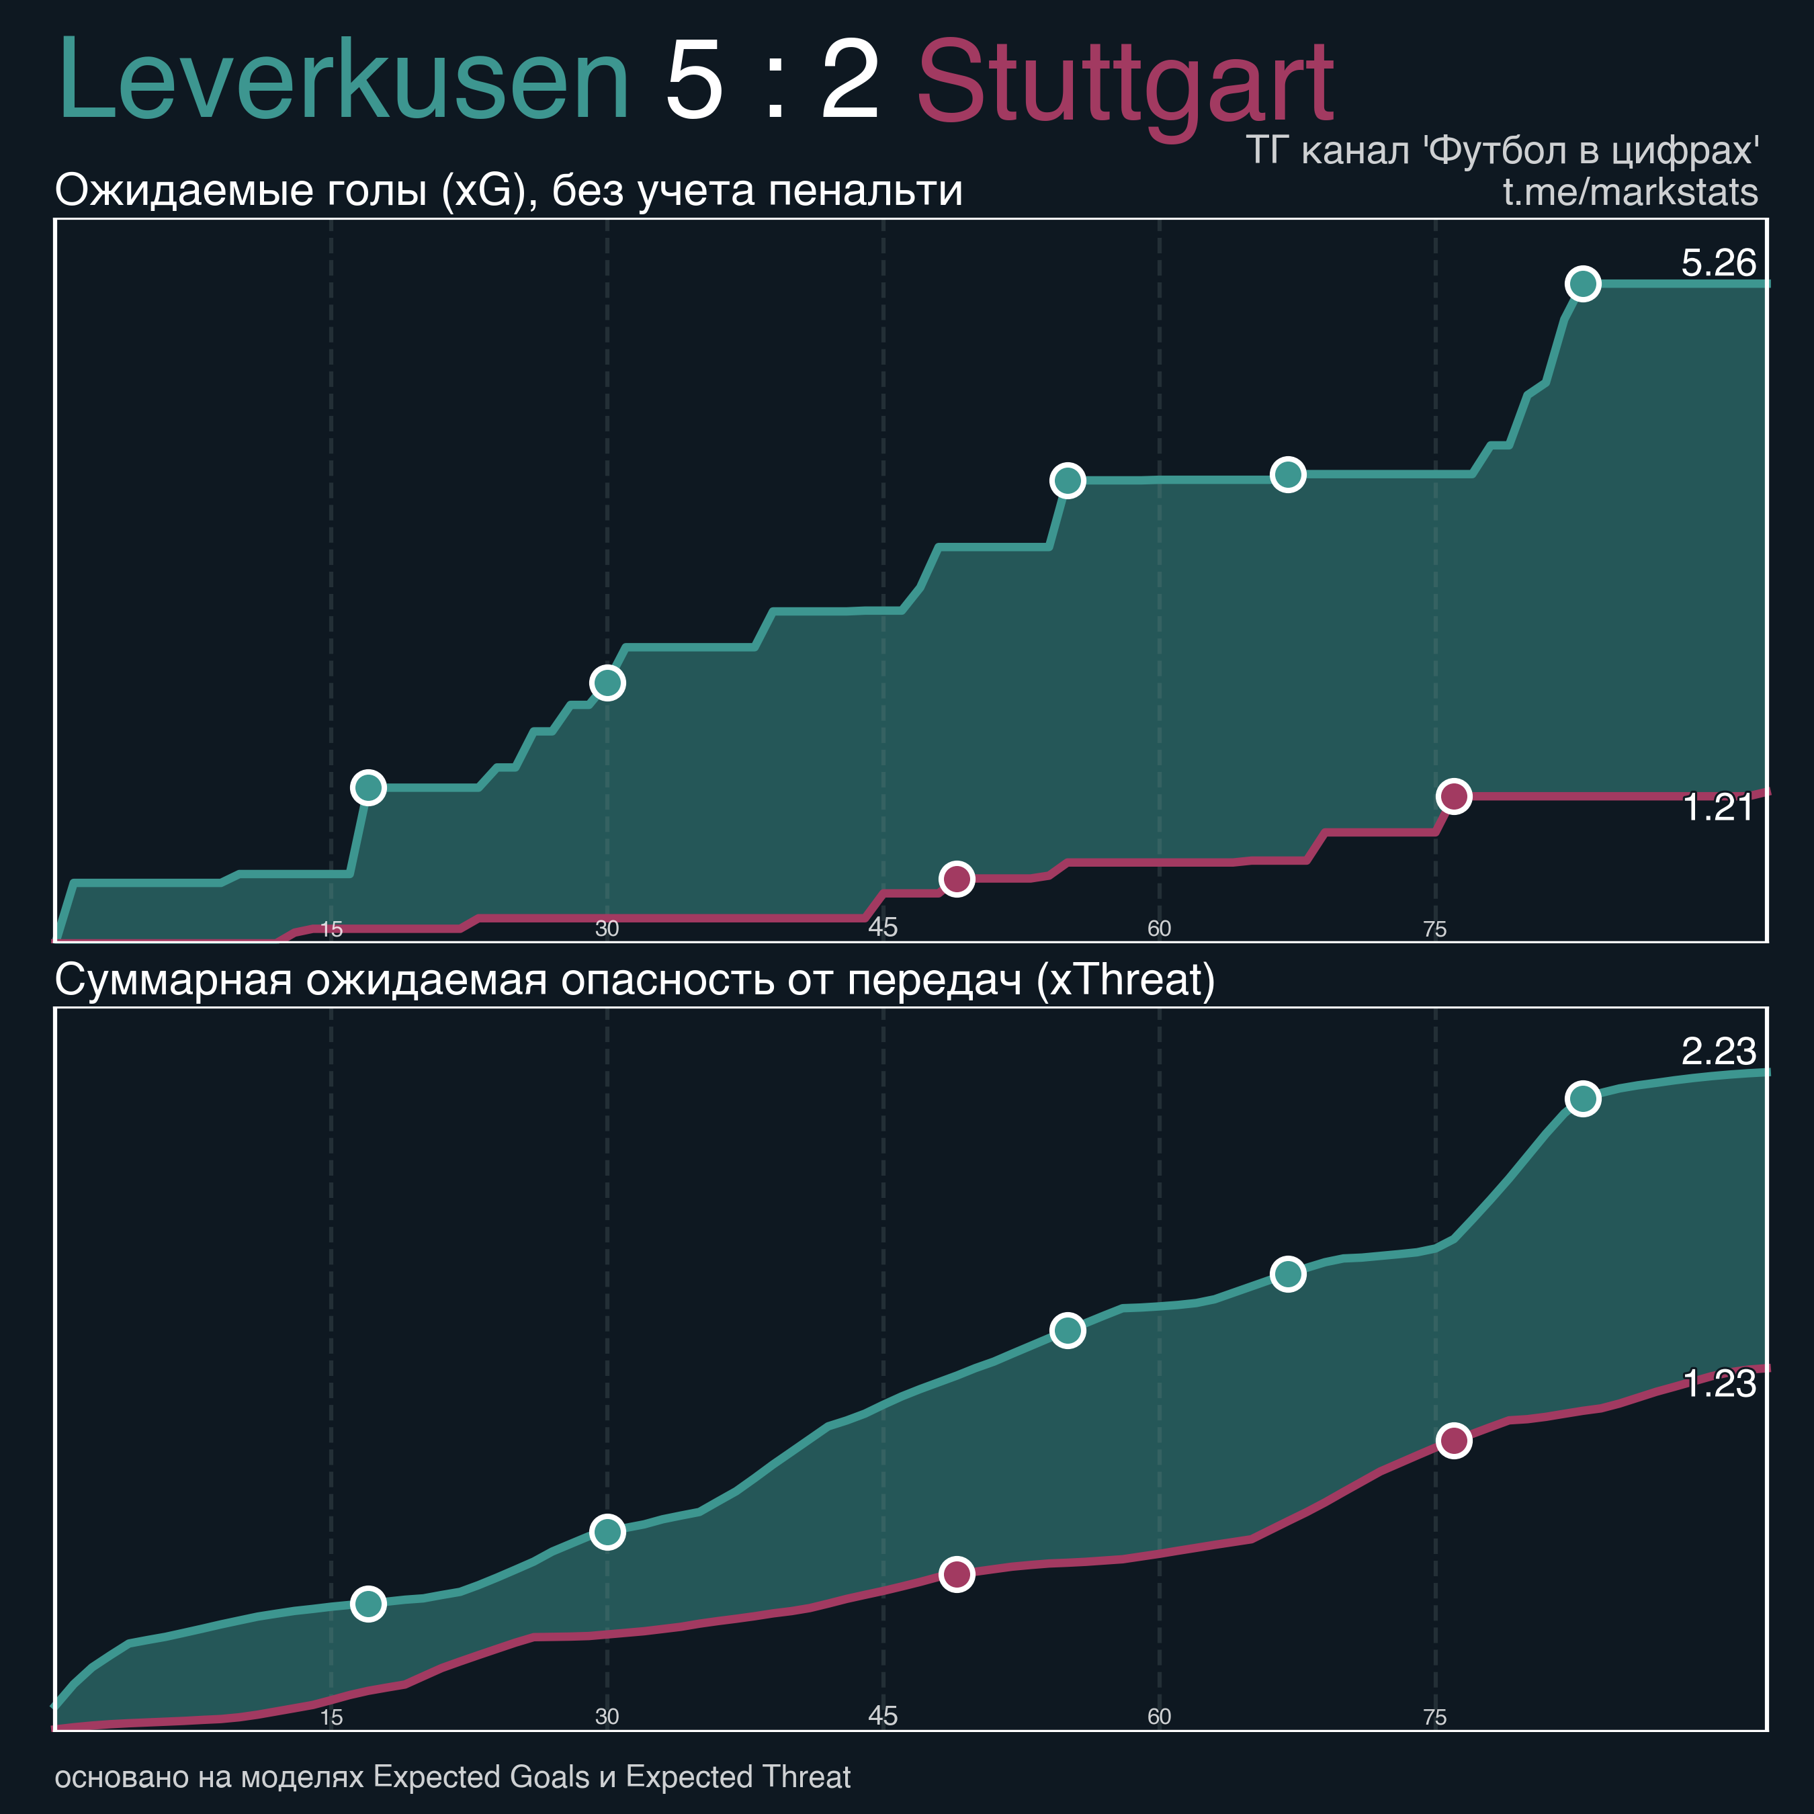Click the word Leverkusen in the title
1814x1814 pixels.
pos(343,83)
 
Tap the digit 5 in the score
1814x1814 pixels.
pos(694,83)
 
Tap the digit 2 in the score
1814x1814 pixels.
pos(850,83)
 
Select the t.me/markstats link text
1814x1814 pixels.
pos(1629,191)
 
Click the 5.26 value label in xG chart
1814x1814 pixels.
pos(1717,263)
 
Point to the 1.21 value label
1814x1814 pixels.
pos(1717,808)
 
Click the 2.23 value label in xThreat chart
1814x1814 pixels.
pos(1717,1051)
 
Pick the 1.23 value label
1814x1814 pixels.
pos(1718,1384)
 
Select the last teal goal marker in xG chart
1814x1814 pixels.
pos(1583,284)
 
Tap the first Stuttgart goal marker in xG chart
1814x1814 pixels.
pos(956,879)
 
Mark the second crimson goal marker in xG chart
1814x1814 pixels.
pos(1453,796)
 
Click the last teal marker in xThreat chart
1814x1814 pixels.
pos(1583,1098)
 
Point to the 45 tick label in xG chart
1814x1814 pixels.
pos(883,928)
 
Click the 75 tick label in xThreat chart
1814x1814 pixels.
pos(1434,1717)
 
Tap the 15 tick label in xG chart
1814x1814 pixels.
pos(331,930)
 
